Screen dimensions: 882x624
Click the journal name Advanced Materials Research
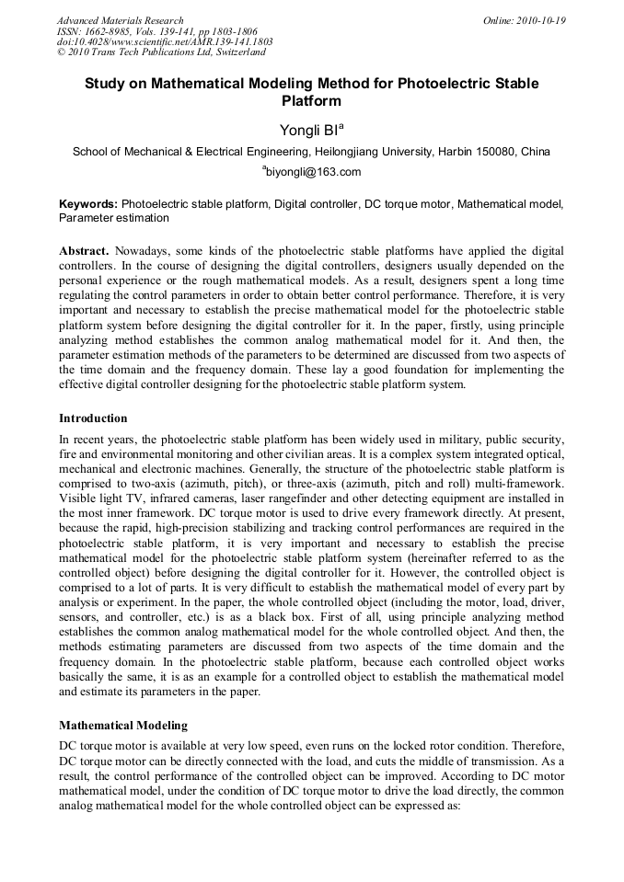click(120, 20)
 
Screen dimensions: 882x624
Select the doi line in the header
click(164, 42)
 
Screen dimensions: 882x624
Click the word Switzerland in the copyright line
click(233, 52)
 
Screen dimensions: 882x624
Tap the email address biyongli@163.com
click(314, 172)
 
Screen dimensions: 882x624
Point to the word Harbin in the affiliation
click(453, 152)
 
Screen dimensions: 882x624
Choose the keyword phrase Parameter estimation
click(114, 218)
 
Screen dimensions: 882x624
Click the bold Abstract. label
click(86, 251)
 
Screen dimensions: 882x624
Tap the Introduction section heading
click(93, 418)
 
